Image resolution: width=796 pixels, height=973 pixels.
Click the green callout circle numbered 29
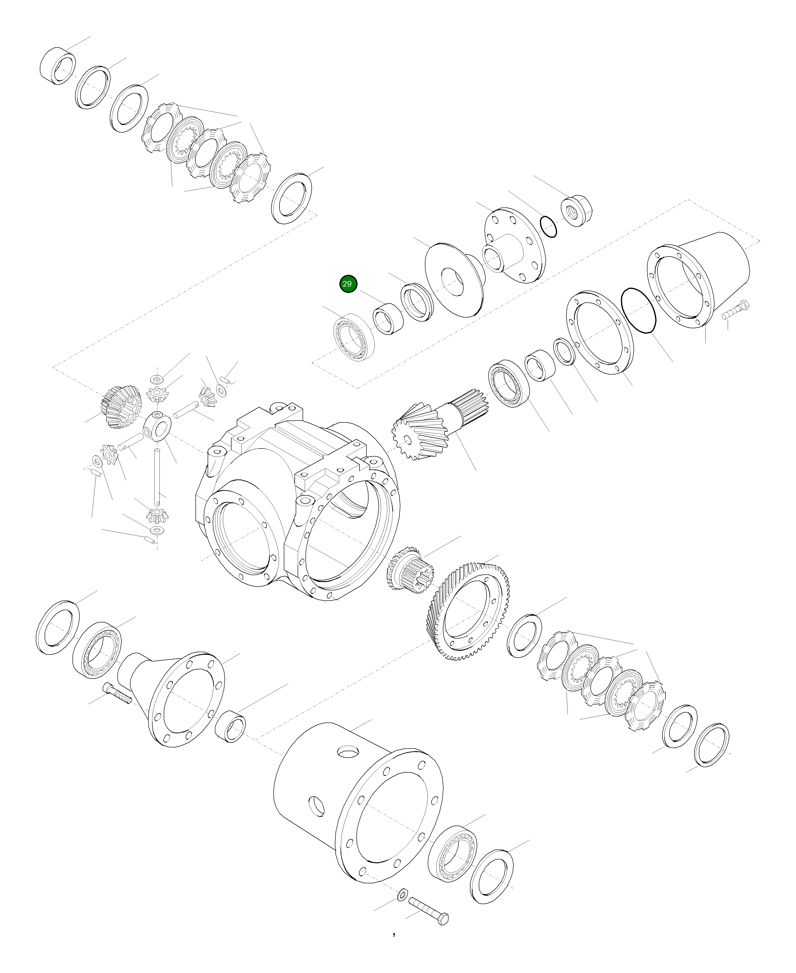coord(348,284)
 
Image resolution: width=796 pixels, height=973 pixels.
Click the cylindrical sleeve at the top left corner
coord(58,66)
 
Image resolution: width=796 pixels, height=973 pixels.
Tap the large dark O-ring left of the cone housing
coord(638,310)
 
